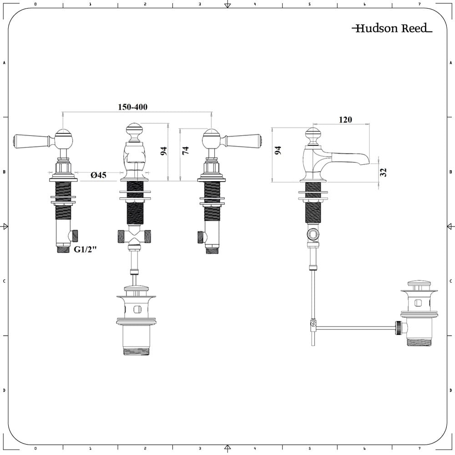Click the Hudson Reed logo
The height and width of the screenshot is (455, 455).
(x=392, y=29)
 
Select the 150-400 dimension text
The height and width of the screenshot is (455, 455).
(x=133, y=107)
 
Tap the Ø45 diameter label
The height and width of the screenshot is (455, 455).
(x=98, y=175)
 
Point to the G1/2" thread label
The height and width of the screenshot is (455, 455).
(x=86, y=249)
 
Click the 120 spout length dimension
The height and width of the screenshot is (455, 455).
(x=345, y=120)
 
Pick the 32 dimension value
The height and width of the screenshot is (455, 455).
(x=383, y=172)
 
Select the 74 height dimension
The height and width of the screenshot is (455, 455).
(x=185, y=151)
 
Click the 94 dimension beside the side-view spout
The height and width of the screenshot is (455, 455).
(x=278, y=151)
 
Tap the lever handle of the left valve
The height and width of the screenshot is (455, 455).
(x=32, y=141)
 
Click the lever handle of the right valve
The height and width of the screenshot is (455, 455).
(x=242, y=141)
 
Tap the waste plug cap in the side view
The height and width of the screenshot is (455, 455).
(x=419, y=285)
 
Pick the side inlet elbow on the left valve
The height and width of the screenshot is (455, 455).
(x=74, y=236)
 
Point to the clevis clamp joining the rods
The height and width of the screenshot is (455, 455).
(x=313, y=324)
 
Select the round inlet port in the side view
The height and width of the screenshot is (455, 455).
(x=313, y=235)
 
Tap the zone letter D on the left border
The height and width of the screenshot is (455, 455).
(x=4, y=390)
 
